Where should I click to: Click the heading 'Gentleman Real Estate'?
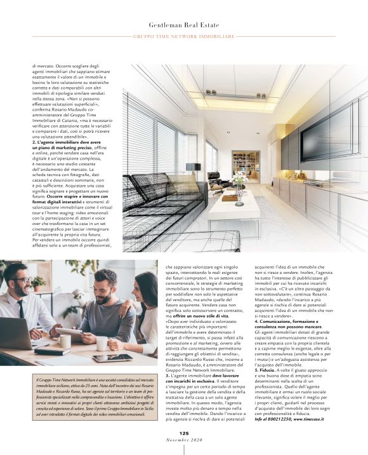tap(183, 24)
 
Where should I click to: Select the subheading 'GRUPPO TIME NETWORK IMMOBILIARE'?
tap(184, 36)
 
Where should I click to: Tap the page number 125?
tap(184, 433)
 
